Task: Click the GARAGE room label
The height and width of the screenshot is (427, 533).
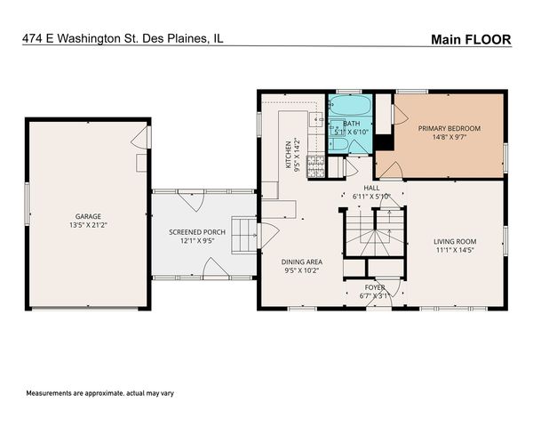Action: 87,216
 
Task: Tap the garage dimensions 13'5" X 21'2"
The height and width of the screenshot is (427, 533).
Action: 87,225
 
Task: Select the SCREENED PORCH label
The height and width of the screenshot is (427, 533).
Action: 197,230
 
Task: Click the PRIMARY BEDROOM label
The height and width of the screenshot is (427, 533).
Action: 449,128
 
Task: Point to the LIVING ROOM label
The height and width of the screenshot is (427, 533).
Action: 455,241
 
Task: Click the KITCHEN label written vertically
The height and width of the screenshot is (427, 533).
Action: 288,155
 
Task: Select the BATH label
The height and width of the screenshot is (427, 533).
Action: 351,124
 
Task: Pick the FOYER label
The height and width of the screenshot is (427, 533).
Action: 374,287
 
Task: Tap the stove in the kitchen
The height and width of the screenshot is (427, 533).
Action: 314,164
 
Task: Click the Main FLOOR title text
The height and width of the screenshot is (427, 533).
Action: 470,39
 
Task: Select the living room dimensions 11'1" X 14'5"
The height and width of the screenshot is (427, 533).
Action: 455,251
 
